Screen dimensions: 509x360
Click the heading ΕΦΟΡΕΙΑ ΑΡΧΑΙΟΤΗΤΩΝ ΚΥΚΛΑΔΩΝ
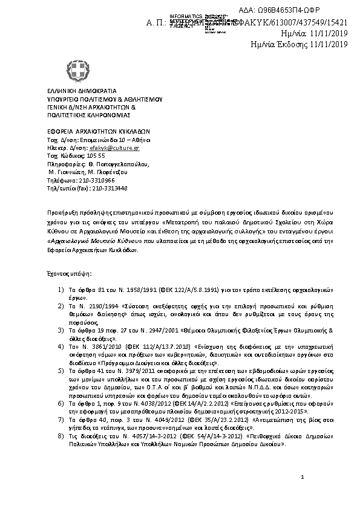pyautogui.click(x=99, y=131)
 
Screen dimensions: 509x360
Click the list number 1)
pyautogui.click(x=61, y=291)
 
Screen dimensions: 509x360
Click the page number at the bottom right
pyautogui.click(x=302, y=495)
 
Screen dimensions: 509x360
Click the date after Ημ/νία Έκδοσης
pyautogui.click(x=330, y=44)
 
